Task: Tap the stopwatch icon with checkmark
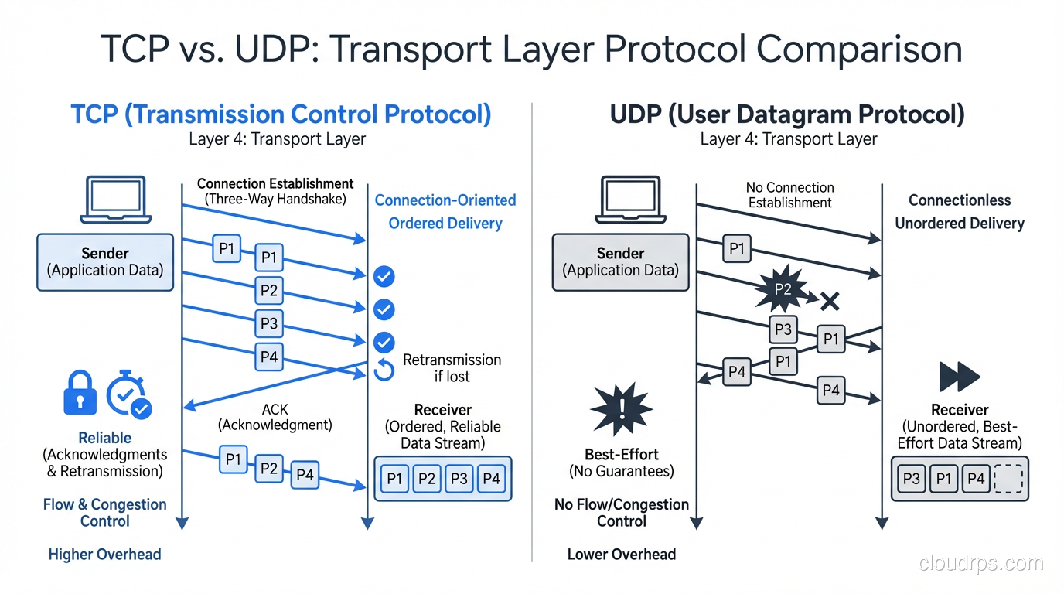(x=128, y=395)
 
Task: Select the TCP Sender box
(x=105, y=262)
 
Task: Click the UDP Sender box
(x=620, y=262)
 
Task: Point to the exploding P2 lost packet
(x=783, y=289)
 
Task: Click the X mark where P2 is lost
(x=830, y=301)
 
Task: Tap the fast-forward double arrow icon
(x=959, y=377)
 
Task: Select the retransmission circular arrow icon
(x=384, y=370)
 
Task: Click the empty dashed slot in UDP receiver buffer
(x=1008, y=479)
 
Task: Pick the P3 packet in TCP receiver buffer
(x=459, y=479)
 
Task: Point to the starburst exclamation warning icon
(x=622, y=408)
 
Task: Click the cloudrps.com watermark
(x=980, y=564)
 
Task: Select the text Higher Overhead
(x=104, y=555)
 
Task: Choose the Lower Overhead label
(x=622, y=555)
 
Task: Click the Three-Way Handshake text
(x=275, y=200)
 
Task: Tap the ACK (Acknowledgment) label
(x=275, y=417)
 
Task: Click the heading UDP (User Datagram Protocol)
(x=787, y=114)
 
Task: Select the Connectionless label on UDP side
(x=960, y=200)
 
